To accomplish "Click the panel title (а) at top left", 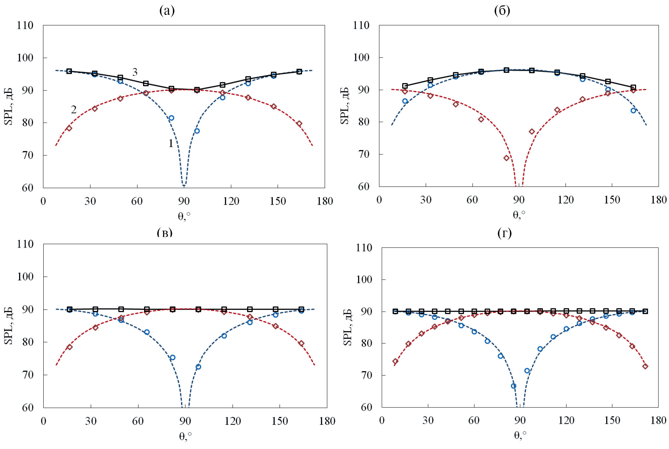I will [167, 11].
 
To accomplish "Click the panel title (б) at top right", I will [502, 11].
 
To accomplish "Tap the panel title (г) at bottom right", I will [505, 233].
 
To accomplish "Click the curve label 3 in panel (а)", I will [135, 72].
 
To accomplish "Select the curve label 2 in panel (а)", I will [74, 110].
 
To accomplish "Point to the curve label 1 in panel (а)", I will [171, 143].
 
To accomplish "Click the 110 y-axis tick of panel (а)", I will [25, 25].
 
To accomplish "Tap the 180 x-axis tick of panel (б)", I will [658, 200].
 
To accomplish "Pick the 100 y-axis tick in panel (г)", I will [364, 279].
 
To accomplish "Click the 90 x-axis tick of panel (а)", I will [184, 201].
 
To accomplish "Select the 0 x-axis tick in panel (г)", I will [382, 420].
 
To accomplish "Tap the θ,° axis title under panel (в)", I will [185, 436].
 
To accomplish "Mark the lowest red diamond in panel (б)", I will [506, 158].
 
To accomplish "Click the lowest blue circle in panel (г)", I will [514, 386].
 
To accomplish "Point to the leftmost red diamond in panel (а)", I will [69, 128].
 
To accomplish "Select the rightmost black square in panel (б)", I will [633, 87].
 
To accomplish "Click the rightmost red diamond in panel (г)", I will [645, 366].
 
